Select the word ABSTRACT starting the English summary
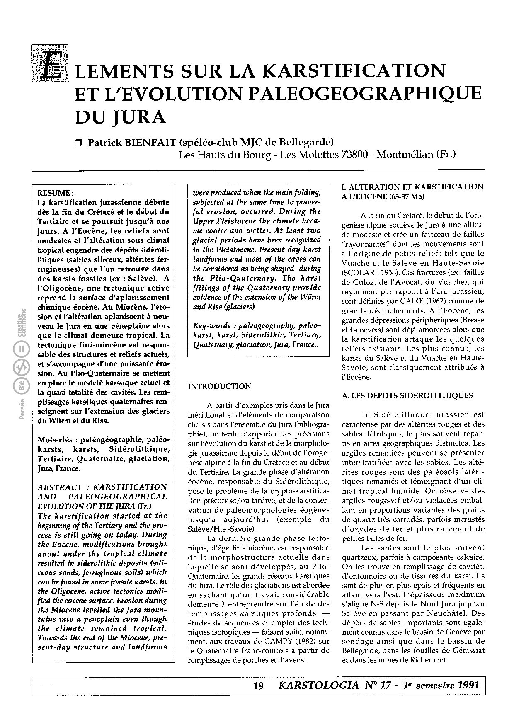60,487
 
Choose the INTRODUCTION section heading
219,387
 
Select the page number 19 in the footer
258,686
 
